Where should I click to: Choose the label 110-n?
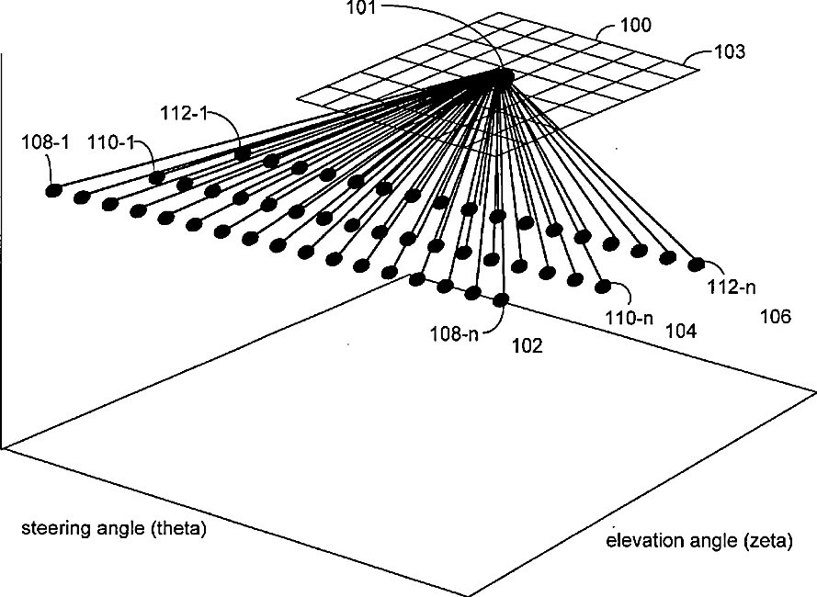(x=629, y=319)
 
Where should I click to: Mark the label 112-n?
(x=732, y=287)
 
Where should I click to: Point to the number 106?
(x=776, y=317)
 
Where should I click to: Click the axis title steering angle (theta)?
(x=114, y=530)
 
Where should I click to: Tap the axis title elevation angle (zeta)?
(x=698, y=541)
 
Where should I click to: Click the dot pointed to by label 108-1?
(x=53, y=190)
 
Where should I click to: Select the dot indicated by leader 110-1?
(x=157, y=176)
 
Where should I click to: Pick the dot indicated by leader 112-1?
(x=243, y=154)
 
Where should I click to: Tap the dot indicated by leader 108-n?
(x=501, y=298)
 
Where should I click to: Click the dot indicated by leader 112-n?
(x=696, y=264)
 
